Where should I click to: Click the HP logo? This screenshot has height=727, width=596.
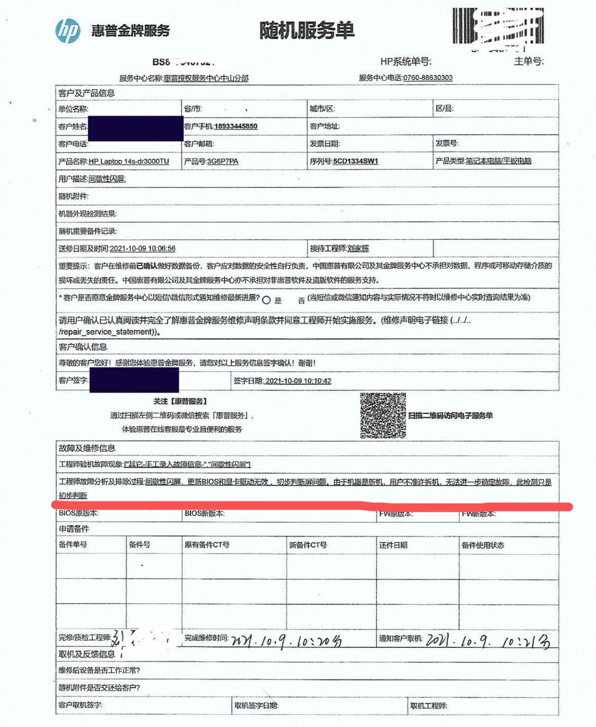[x=68, y=30]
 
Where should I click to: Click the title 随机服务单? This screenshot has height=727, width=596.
[x=307, y=30]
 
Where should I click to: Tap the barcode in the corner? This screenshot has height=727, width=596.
[x=498, y=26]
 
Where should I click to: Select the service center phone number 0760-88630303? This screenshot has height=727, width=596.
[x=428, y=78]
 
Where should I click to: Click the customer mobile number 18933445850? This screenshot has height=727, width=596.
[x=236, y=126]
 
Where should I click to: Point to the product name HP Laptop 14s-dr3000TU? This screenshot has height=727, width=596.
[x=129, y=161]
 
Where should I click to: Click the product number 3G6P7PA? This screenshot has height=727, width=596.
[x=223, y=161]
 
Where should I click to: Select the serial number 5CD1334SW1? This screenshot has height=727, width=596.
[x=356, y=161]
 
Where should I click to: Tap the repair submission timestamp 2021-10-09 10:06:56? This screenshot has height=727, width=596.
[x=143, y=249]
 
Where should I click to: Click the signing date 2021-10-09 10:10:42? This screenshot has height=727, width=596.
[x=298, y=381]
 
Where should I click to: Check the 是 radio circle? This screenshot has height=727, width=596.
[x=266, y=300]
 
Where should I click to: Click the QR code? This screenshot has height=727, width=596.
[x=383, y=416]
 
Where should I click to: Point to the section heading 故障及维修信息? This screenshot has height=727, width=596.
[x=87, y=448]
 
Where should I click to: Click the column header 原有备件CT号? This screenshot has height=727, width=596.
[x=207, y=545]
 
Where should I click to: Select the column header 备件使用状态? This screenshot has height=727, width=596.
[x=483, y=545]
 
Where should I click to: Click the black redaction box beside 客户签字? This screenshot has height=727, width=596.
[x=134, y=380]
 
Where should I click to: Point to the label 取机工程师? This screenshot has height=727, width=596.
[x=429, y=705]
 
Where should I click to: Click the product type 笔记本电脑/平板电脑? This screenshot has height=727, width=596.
[x=498, y=161]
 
